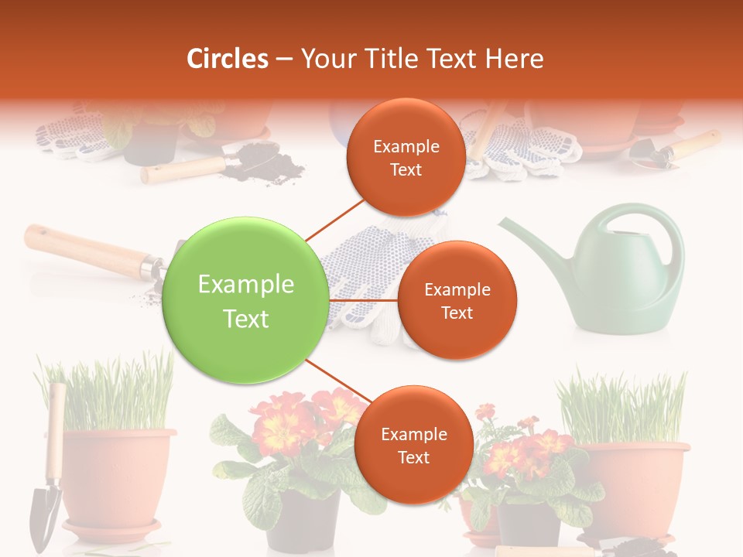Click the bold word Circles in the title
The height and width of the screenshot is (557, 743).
227,59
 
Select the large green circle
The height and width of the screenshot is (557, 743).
245,300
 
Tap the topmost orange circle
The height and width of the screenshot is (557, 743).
406,157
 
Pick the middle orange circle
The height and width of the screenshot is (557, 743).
457,300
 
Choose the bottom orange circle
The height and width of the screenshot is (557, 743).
413,445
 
